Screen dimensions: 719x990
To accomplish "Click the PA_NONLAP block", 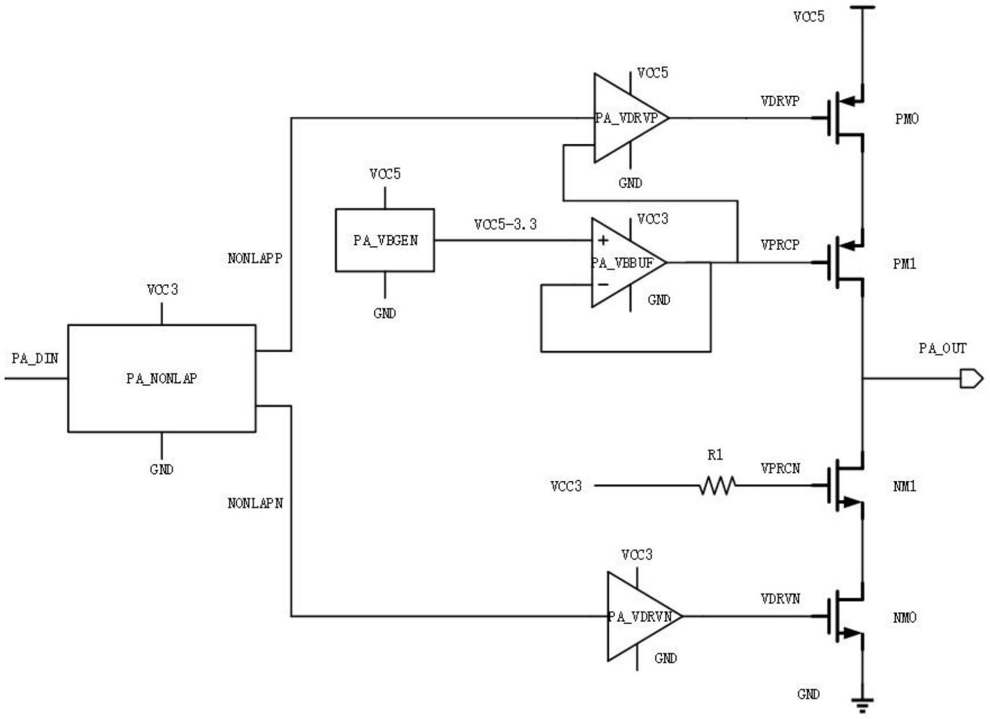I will point(162,378).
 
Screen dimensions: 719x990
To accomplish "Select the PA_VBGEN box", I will point(385,240).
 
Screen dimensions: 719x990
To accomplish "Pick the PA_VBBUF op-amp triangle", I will point(626,263).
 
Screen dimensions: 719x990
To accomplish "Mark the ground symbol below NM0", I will point(863,705).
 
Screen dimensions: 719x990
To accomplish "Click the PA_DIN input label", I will point(35,359).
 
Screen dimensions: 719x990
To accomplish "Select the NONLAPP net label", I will point(255,259).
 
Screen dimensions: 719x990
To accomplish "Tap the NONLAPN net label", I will point(255,504).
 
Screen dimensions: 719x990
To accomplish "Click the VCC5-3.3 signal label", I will point(505,225).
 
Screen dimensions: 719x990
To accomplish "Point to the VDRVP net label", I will point(780,101).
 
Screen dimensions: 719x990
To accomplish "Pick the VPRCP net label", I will point(780,245).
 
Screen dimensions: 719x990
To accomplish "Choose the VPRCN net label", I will point(780,468).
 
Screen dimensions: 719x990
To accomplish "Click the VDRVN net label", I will point(780,599).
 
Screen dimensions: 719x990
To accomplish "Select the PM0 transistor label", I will point(906,119).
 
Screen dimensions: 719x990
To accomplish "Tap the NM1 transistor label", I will point(905,487).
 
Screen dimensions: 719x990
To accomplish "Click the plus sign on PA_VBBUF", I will point(603,241).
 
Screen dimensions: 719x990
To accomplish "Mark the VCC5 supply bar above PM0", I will point(863,7).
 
